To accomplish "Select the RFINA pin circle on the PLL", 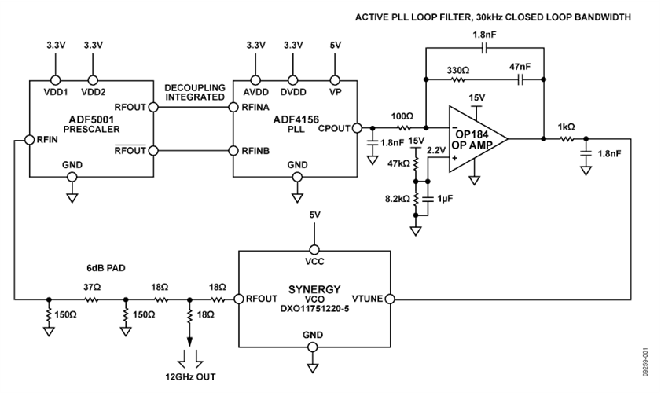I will click(x=233, y=106).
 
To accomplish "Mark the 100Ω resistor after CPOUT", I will click(x=404, y=127).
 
